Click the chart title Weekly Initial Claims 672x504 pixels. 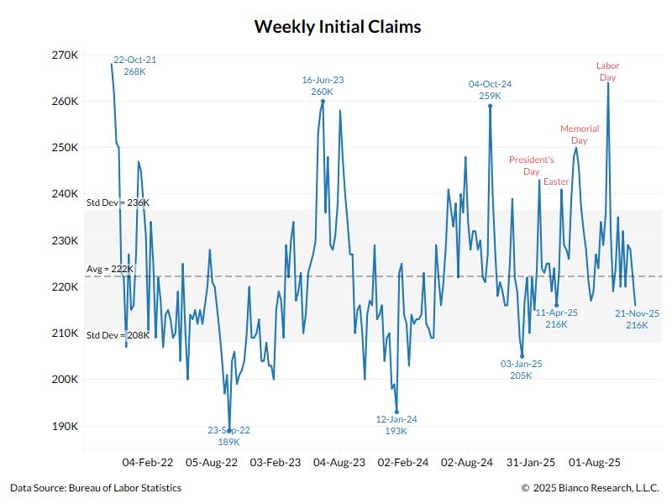tap(337, 27)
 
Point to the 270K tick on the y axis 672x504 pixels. tap(66, 55)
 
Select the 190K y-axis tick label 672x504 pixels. tap(66, 426)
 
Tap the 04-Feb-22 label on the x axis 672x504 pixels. tap(148, 462)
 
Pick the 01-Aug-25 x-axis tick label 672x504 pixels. tap(595, 462)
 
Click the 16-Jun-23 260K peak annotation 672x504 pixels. tap(323, 86)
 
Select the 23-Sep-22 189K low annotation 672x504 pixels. tap(229, 435)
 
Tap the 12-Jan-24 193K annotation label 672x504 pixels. tap(396, 424)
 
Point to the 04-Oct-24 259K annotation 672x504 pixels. tap(490, 90)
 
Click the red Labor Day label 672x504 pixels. tap(607, 71)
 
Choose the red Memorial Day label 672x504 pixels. tap(580, 134)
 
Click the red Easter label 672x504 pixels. tap(556, 181)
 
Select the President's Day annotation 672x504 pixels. tap(531, 165)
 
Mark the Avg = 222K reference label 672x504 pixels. tap(109, 269)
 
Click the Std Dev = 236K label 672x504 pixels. tap(118, 202)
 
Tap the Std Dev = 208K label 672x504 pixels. tap(118, 335)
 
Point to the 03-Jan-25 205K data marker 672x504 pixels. tap(522, 356)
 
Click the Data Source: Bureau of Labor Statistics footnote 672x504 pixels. tap(96, 488)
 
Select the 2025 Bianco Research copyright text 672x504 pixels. tap(591, 488)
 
